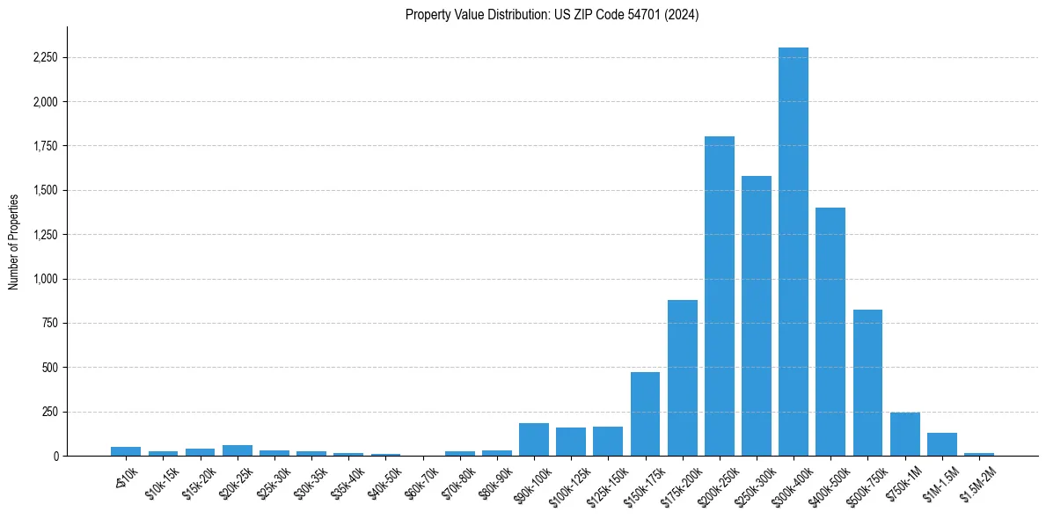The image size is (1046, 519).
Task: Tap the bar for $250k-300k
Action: coord(756,316)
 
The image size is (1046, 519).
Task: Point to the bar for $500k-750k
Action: coord(867,383)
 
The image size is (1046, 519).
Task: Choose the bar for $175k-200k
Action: coord(682,378)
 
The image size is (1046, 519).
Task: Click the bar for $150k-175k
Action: coord(645,414)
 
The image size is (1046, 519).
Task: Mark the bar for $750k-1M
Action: coord(904,435)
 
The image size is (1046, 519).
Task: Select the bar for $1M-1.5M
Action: coord(941,444)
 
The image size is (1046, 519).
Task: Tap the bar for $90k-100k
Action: coord(533,440)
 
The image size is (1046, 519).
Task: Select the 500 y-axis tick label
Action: coord(51,368)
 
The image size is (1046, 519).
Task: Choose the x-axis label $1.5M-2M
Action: coord(977,479)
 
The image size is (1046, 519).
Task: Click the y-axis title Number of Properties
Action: coord(13,241)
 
